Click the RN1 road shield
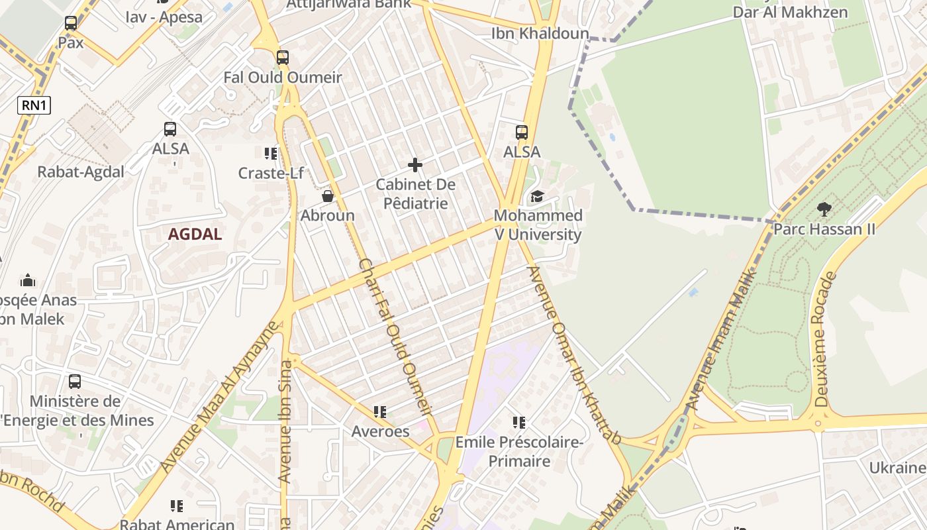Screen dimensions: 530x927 [x=34, y=105]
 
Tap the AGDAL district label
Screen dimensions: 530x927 [x=195, y=234]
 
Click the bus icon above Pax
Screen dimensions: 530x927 [x=71, y=24]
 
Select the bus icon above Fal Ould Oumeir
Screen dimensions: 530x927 [x=283, y=58]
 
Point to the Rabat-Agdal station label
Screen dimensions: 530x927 [x=81, y=172]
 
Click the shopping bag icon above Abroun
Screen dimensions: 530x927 [x=327, y=196]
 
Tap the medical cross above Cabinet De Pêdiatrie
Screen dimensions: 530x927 [x=415, y=164]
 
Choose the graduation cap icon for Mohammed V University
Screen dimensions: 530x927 [x=537, y=197]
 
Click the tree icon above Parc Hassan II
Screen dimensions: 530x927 [x=824, y=209]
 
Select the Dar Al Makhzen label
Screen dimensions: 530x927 [x=789, y=12]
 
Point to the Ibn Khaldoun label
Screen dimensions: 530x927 [x=540, y=33]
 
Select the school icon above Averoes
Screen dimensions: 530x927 [x=379, y=412]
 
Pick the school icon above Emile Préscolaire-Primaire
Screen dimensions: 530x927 [x=519, y=422]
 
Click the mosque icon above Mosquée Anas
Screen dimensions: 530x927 [x=28, y=280]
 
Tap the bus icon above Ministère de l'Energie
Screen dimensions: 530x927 [x=75, y=382]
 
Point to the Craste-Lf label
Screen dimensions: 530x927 [x=271, y=173]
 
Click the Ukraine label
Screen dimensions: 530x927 [x=897, y=468]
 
